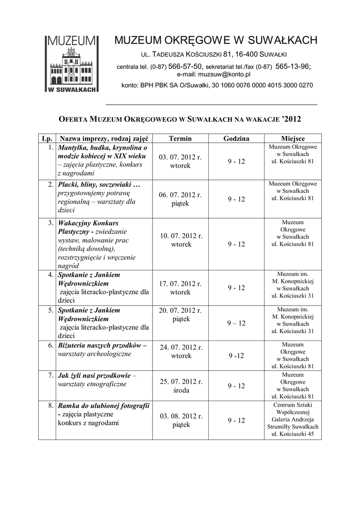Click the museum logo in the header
coord(72,63)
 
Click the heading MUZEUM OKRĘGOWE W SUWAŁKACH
coord(216,40)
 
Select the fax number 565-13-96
coord(292,66)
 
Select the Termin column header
coord(180,139)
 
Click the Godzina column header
coord(236,139)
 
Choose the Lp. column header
coord(47,139)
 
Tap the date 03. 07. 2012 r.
coord(180,158)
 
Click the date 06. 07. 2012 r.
coord(180,195)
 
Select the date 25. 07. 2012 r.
coord(180,382)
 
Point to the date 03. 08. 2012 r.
coord(180,416)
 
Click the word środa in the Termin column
coord(180,390)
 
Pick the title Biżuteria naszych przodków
coord(102,345)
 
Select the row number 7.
coord(51,375)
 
